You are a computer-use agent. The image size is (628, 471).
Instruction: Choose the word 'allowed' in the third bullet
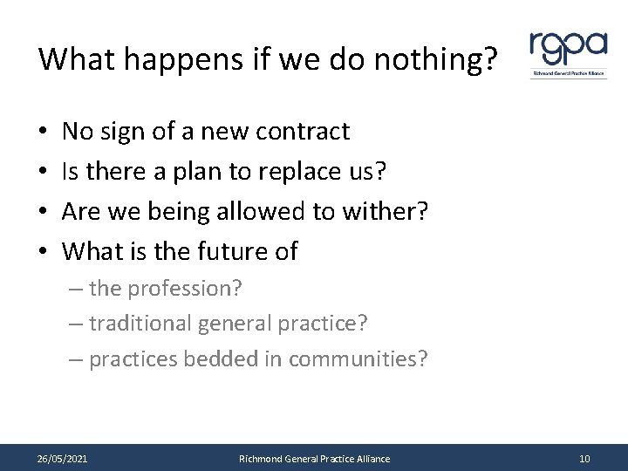click(x=255, y=212)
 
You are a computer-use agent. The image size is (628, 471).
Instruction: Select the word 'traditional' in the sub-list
click(x=141, y=324)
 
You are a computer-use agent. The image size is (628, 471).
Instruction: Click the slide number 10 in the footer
click(x=584, y=459)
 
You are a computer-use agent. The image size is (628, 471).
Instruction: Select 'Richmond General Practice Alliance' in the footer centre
click(x=315, y=459)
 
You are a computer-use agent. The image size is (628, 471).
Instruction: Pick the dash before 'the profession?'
click(x=76, y=289)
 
